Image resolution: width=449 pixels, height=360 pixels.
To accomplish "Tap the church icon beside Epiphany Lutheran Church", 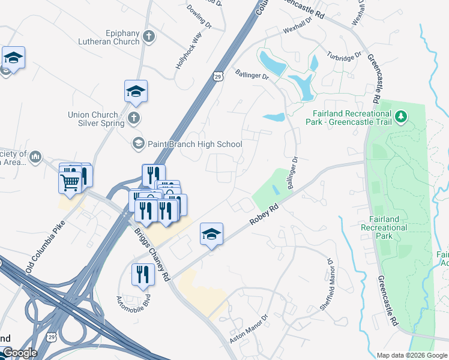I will (x=149, y=37).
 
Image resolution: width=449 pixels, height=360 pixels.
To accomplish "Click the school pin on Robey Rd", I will (x=211, y=234).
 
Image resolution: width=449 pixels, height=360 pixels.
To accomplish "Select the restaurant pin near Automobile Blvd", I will (x=143, y=275).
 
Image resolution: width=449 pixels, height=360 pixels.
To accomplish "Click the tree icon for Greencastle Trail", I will (x=401, y=118).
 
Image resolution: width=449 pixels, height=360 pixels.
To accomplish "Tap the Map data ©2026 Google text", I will (x=412, y=355).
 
